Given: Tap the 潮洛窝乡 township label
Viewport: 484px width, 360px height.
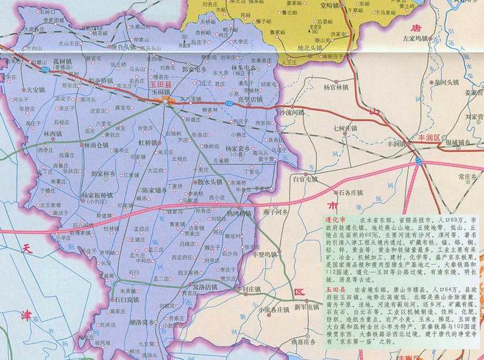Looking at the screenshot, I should pos(136,323).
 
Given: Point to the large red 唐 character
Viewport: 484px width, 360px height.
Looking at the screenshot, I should pos(414,27).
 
